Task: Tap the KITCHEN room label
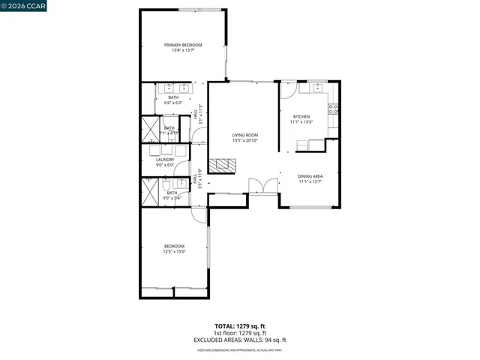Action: [301, 117]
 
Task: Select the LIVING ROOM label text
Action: [244, 135]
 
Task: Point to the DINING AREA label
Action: [310, 175]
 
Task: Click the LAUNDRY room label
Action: [165, 159]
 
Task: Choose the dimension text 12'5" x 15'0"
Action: [174, 252]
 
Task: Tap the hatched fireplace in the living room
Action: [222, 166]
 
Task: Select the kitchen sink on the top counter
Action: [317, 87]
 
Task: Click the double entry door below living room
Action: [259, 187]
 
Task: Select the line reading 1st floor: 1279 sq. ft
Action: [240, 333]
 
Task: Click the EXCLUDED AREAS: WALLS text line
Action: [240, 340]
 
